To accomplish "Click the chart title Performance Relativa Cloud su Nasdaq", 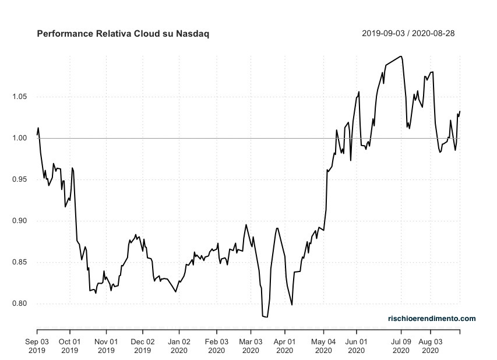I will [123, 34].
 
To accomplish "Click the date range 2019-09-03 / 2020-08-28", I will [408, 33].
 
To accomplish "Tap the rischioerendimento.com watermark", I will [432, 318].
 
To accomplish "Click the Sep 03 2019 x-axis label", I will [37, 346].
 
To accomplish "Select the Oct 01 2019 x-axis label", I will [69, 346].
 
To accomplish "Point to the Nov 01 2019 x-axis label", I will [106, 346].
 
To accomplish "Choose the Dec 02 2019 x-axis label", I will [142, 346].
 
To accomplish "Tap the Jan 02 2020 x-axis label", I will [179, 346].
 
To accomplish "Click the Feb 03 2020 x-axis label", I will [216, 346].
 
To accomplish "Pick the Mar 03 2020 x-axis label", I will [250, 346].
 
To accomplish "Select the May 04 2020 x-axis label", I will [323, 346].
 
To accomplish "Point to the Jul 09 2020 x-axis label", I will [401, 346].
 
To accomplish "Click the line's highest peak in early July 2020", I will [401, 56].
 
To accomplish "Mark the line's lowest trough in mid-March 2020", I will [267, 317].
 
